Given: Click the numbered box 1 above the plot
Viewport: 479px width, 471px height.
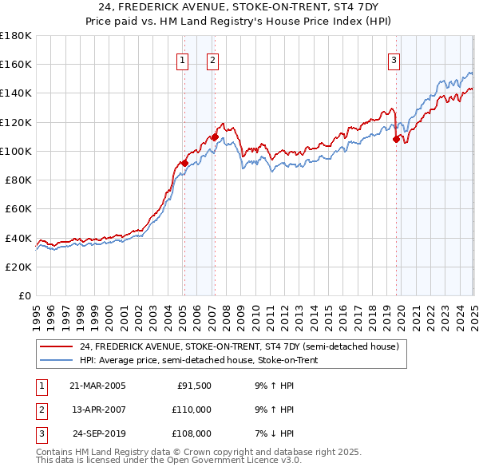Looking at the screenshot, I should pos(183,59).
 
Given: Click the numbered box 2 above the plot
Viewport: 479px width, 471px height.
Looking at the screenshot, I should pos(213,59).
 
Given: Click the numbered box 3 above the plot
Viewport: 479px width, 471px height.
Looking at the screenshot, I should pos(394,59).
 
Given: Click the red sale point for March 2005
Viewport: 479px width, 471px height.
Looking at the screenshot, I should pos(184,164).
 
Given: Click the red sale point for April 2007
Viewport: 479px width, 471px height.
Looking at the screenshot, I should pos(215,137).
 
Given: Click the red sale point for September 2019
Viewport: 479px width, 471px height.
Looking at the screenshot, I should pos(397,140).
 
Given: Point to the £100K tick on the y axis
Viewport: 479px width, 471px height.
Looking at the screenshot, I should pos(17,151).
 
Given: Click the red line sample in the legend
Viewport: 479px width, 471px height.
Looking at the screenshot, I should pos(57,346).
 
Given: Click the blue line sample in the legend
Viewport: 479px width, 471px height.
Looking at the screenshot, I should pos(57,360).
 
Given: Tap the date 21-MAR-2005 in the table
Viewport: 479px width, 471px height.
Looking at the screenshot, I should pos(97,386).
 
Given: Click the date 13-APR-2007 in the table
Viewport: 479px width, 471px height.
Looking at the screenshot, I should pos(97,410).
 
